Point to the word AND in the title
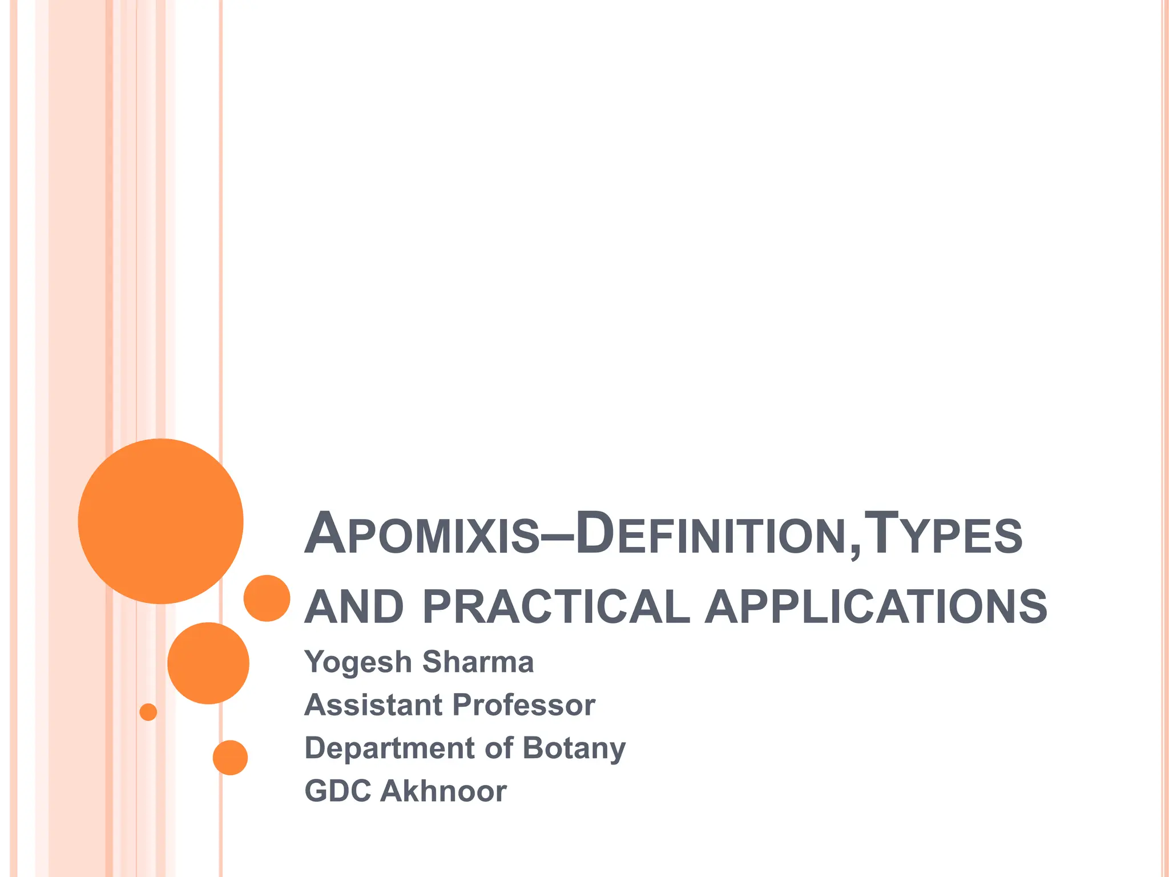(354, 607)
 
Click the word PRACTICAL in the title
(557, 607)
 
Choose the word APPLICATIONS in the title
(876, 607)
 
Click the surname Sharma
(478, 662)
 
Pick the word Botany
(574, 749)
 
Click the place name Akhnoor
(444, 791)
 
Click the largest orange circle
(161, 521)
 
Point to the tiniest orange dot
(148, 712)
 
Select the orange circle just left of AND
(267, 598)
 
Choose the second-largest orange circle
(208, 663)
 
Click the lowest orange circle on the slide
(230, 758)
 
